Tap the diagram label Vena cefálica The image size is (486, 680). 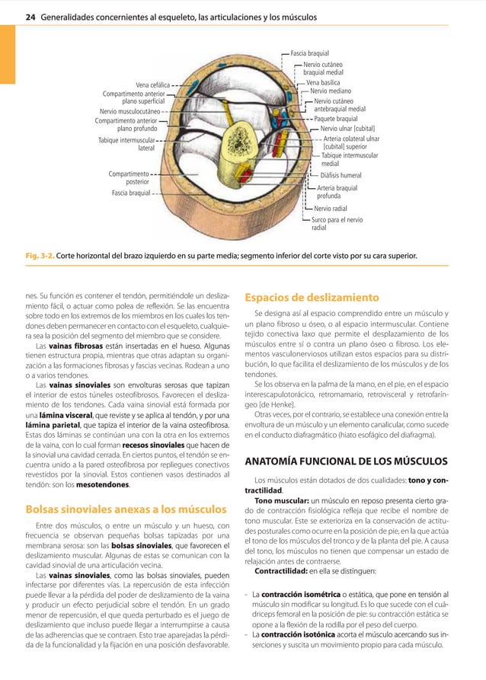(152, 84)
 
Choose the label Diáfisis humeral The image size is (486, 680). (341, 174)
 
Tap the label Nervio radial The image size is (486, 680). (331, 208)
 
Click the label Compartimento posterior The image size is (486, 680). (128, 178)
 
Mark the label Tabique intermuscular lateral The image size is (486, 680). (127, 144)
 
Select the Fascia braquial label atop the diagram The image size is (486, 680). (310, 54)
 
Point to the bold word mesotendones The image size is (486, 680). (107, 484)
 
